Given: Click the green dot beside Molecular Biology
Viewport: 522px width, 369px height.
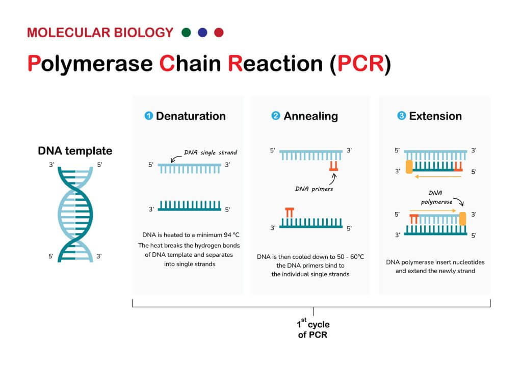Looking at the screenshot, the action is (186, 33).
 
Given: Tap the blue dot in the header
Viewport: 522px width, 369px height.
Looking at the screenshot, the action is (202, 33).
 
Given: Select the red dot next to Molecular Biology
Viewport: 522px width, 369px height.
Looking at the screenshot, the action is (219, 33).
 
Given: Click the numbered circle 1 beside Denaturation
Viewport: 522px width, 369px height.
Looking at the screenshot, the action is (148, 116).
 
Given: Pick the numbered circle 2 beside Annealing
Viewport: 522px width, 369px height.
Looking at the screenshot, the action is (276, 116).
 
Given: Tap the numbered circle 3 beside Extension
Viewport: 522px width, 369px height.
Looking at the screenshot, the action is (402, 116).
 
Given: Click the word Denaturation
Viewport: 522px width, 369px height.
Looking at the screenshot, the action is (191, 116).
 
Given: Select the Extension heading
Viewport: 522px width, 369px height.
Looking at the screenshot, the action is (435, 116).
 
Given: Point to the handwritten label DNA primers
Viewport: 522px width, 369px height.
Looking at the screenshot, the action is (314, 189).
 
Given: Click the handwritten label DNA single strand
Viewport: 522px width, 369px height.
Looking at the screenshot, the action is (211, 153).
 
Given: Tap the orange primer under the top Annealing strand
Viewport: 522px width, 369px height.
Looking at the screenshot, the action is (333, 166).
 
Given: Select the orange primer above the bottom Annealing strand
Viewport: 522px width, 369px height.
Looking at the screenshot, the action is (290, 213).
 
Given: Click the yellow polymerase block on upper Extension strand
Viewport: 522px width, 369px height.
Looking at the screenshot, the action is (409, 167).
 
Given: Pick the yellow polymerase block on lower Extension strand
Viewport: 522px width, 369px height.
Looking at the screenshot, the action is (462, 219).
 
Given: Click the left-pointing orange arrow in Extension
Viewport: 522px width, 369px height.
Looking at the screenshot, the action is (438, 177).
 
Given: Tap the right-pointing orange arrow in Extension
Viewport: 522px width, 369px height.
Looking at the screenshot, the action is (433, 210).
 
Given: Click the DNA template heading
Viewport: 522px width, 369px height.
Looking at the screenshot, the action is (75, 151).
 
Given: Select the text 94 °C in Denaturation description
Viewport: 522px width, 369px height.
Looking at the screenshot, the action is (231, 235).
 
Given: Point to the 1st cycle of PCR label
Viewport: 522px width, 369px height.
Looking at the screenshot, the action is (313, 329).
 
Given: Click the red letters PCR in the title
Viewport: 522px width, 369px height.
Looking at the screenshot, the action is (360, 63).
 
